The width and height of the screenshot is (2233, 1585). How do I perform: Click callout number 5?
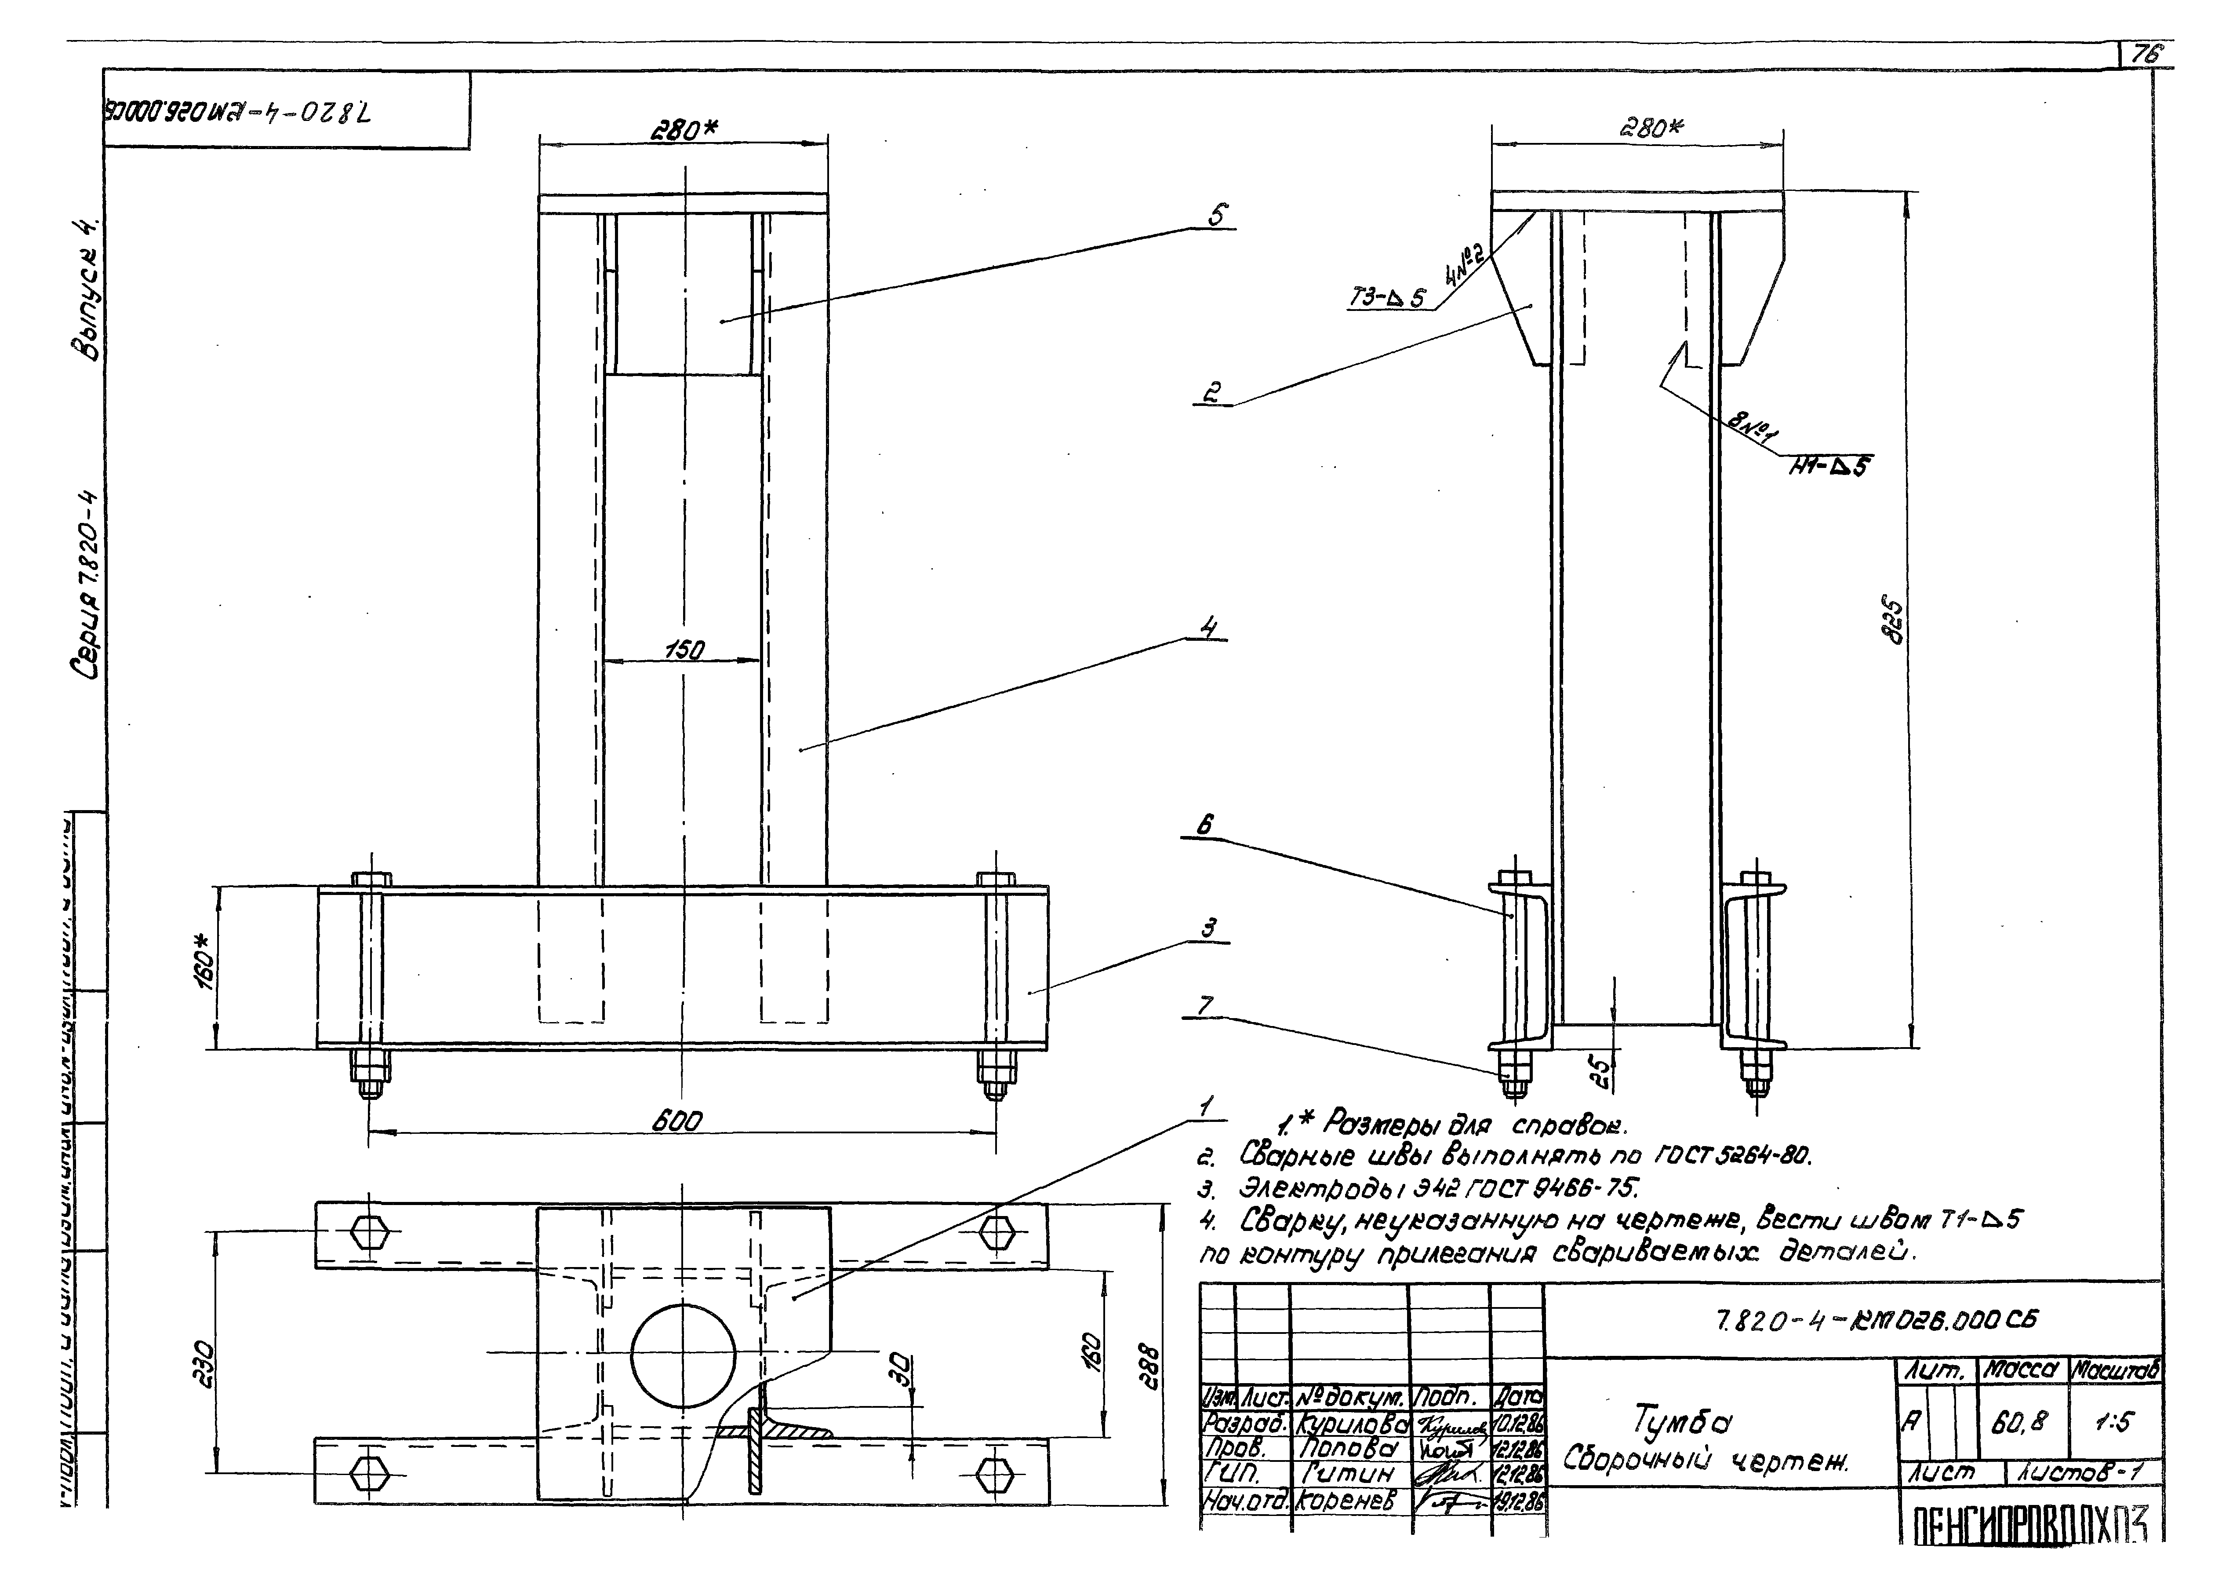pyautogui.click(x=1218, y=214)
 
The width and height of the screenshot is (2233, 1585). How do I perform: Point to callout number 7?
pyautogui.click(x=1205, y=1005)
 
